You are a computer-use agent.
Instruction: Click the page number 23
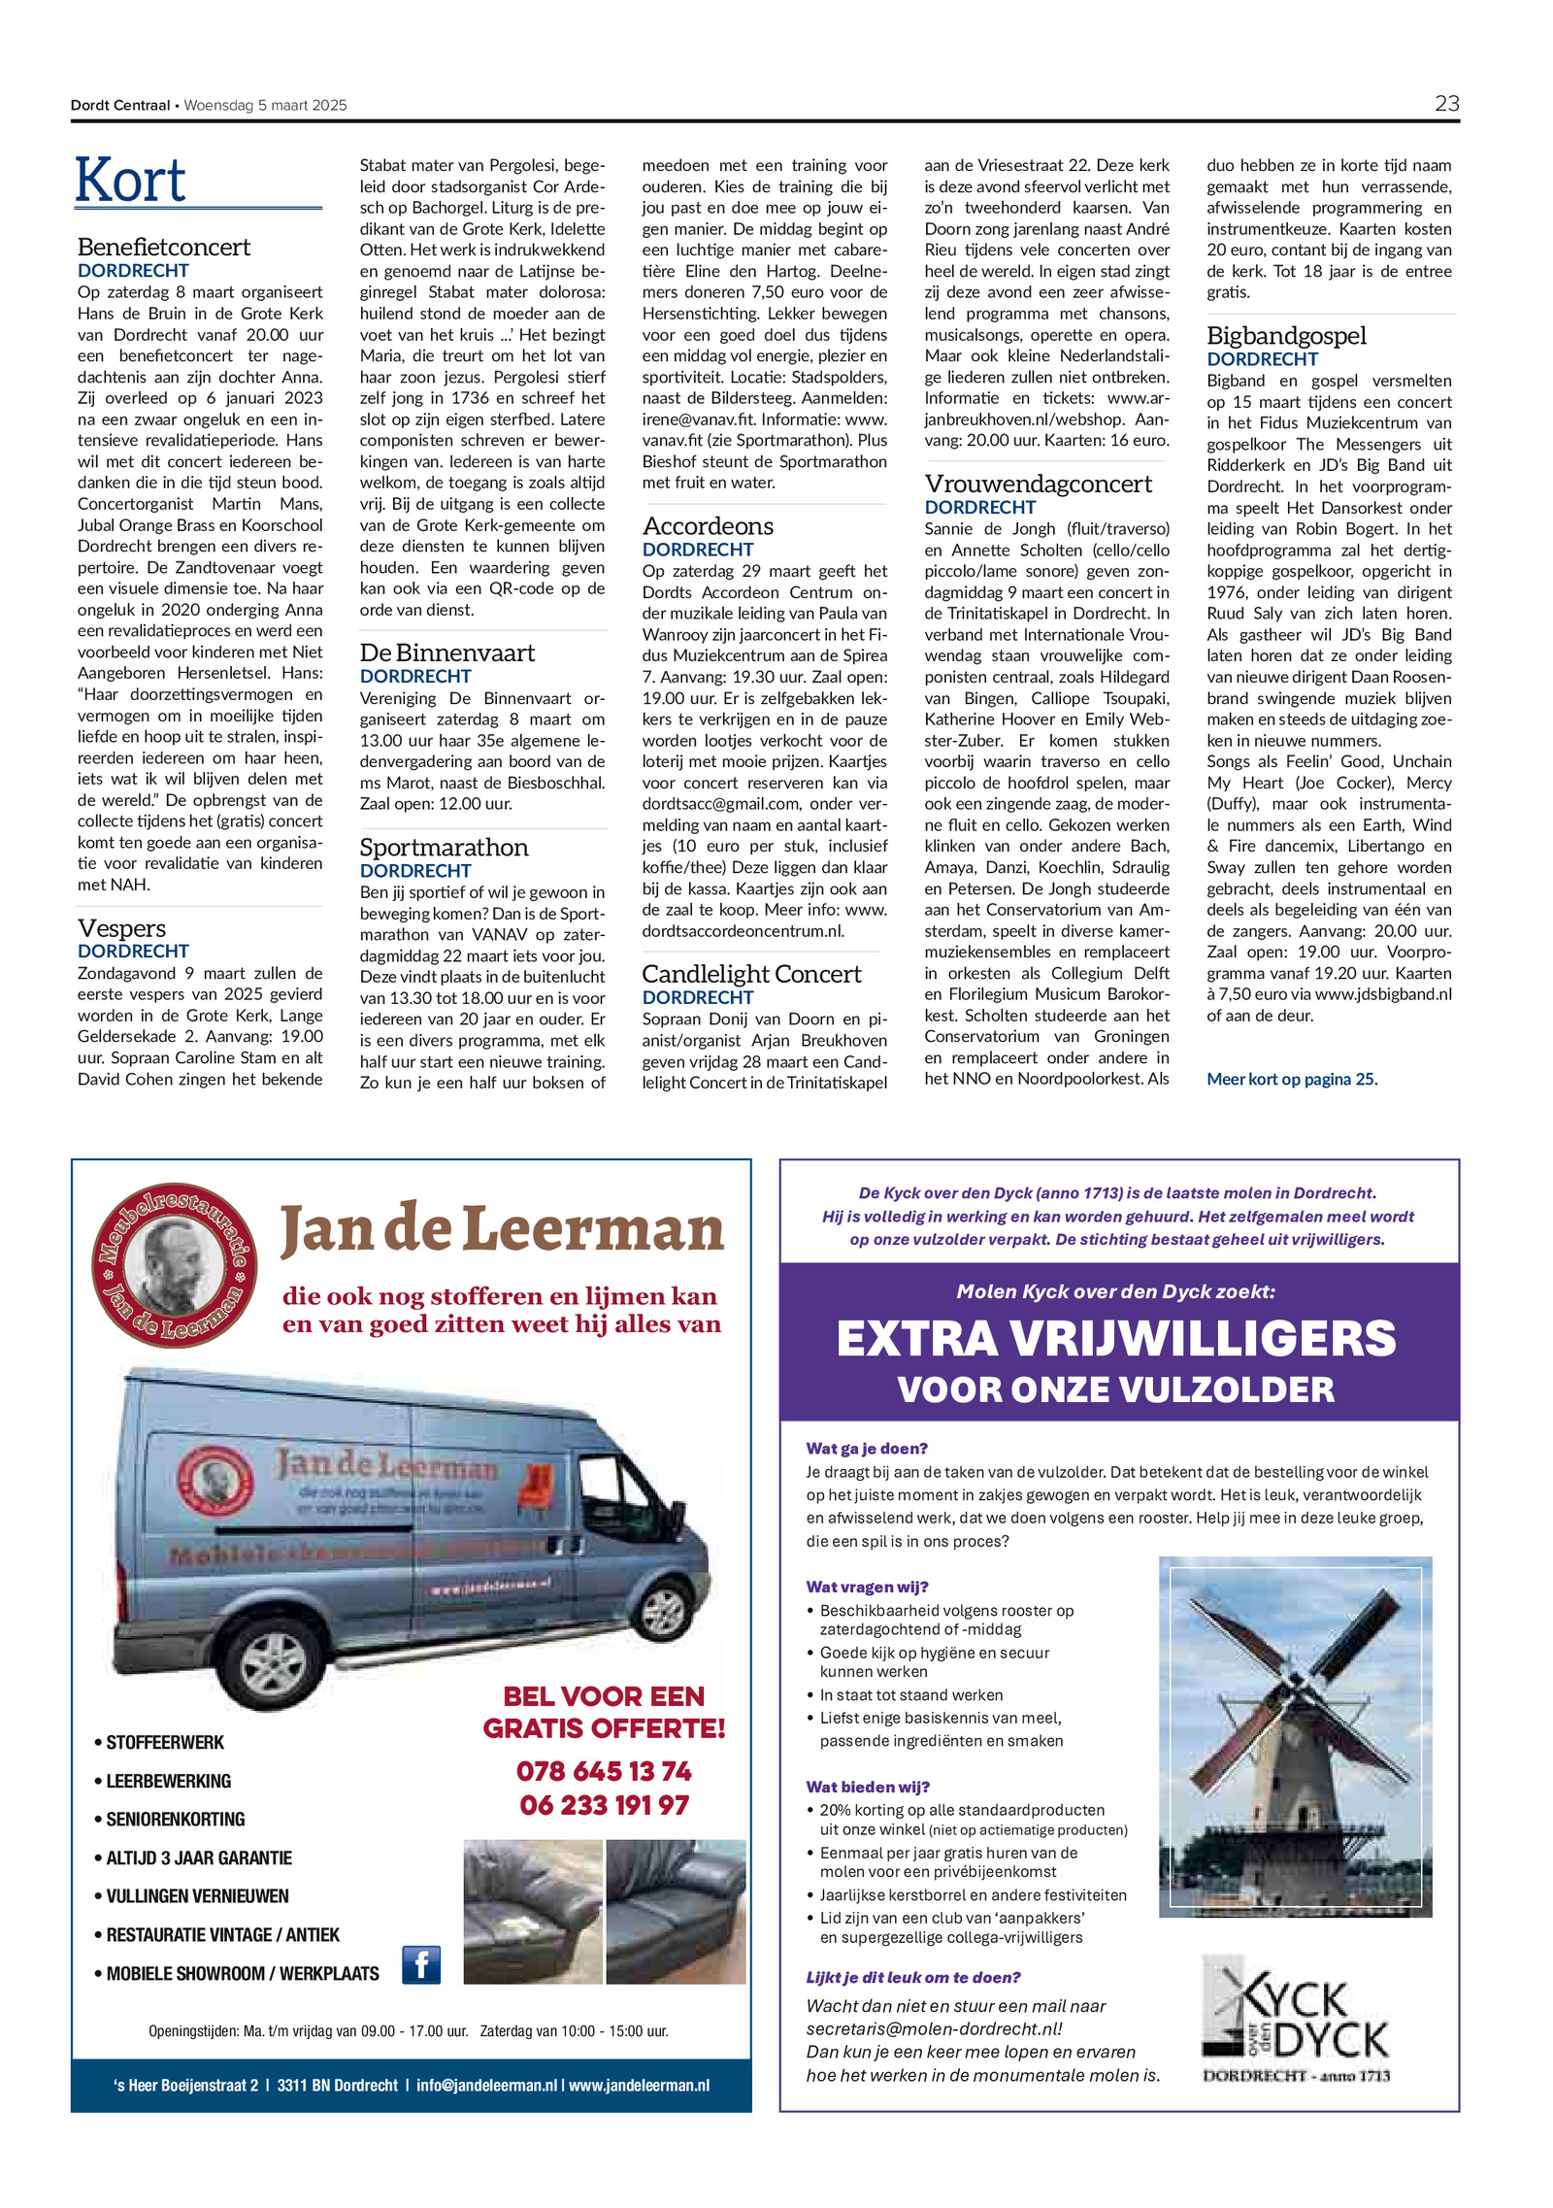(1446, 104)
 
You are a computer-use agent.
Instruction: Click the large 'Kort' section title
(131, 181)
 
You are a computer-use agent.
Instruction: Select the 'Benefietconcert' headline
(163, 247)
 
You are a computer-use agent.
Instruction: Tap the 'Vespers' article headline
(121, 928)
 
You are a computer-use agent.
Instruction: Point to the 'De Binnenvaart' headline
(446, 652)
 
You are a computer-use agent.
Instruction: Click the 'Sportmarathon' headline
(444, 848)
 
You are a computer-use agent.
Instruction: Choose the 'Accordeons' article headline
(708, 526)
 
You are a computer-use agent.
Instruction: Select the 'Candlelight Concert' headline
(751, 974)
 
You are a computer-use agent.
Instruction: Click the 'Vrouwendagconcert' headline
(1038, 484)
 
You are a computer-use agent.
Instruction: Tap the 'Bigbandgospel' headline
(1286, 336)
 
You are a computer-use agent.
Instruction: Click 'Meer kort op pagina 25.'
(1292, 1079)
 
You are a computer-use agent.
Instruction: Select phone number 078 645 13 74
(604, 1771)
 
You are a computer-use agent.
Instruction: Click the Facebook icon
(421, 1965)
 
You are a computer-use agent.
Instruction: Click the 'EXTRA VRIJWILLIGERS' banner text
(1116, 1338)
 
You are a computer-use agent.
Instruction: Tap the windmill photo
(1295, 1737)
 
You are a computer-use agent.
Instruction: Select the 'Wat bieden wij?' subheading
(868, 1787)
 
